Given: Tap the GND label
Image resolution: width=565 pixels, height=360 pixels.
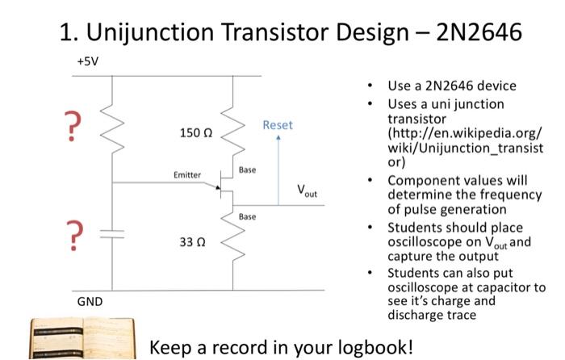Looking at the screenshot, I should pyautogui.click(x=90, y=302).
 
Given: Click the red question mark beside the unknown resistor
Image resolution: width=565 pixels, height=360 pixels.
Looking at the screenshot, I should pyautogui.click(x=74, y=127).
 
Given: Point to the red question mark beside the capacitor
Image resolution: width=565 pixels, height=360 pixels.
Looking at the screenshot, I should pyautogui.click(x=74, y=235).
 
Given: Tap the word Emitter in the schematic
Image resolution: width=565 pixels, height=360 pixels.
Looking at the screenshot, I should pyautogui.click(x=186, y=174).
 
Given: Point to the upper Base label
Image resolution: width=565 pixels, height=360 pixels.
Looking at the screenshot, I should pyautogui.click(x=247, y=170).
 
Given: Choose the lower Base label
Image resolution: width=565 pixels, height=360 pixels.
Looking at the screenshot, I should pyautogui.click(x=247, y=216).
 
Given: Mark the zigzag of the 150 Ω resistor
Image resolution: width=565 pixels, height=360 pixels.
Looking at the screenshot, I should pyautogui.click(x=232, y=133).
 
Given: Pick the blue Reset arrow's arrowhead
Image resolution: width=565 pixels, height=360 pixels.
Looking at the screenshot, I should pyautogui.click(x=278, y=139).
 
